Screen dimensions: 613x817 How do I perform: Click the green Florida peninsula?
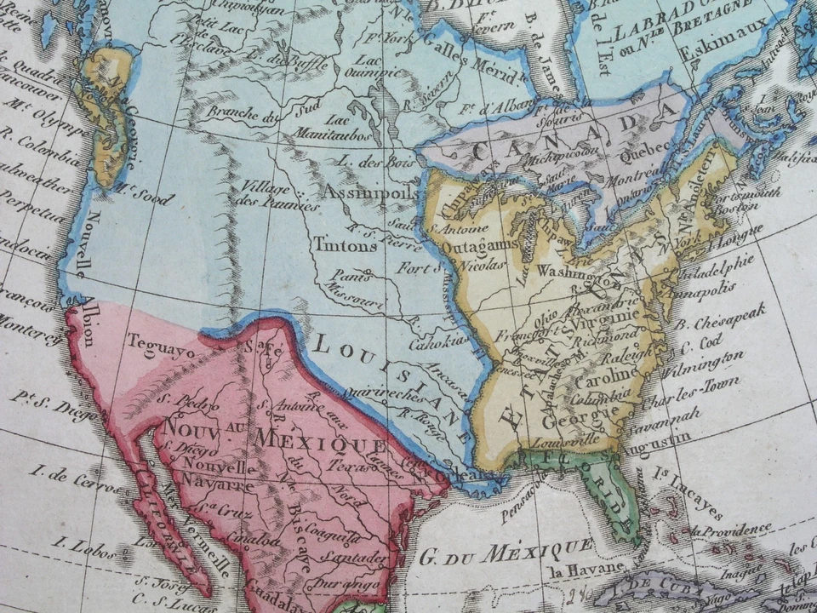(x=617, y=494)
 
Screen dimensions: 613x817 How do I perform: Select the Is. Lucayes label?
(x=688, y=493)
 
